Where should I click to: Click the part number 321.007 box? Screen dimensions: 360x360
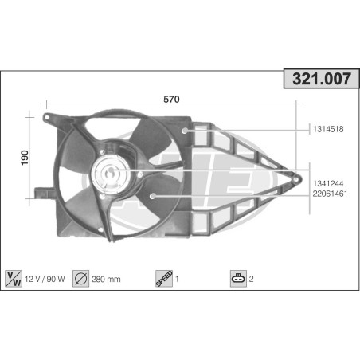(322, 79)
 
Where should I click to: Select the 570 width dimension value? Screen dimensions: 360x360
(171, 99)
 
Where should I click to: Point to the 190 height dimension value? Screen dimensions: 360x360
(25, 158)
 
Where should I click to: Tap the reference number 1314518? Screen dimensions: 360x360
(328, 129)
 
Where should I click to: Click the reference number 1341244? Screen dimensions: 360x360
(328, 183)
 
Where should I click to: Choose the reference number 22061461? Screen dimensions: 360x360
(330, 194)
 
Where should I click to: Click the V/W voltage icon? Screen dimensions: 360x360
(14, 279)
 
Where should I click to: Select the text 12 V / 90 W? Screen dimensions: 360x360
(45, 279)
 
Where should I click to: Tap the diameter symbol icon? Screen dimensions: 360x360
(80, 279)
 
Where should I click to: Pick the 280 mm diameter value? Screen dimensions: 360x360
(106, 280)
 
